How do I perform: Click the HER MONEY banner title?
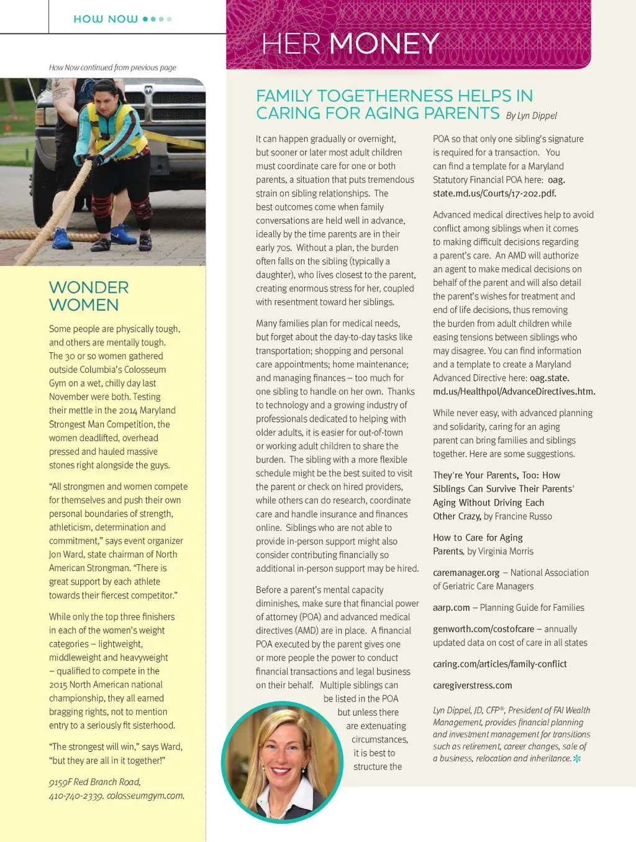350,43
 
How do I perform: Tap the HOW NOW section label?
106,19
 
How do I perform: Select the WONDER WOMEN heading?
89,296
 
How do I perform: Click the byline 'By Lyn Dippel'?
531,116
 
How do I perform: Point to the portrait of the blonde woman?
283,762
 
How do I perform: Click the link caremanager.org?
466,572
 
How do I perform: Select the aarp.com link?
451,608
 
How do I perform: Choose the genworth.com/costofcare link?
483,629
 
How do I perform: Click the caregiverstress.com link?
472,685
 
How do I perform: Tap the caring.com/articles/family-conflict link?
499,664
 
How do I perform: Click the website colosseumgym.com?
145,795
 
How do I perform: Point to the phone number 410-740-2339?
76,795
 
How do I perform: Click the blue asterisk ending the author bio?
577,759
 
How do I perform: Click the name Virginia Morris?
506,551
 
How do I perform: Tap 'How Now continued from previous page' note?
112,68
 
